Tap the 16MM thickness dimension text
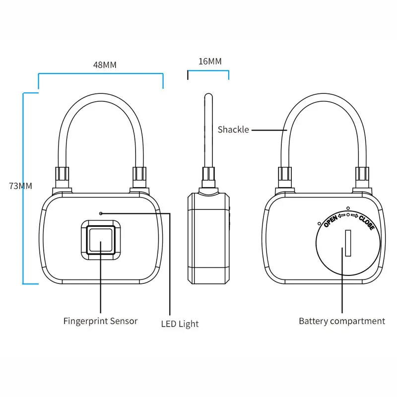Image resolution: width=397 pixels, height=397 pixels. point(209,62)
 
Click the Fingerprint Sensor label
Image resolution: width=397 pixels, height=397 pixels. point(100,321)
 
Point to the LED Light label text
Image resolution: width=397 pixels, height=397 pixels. point(180,324)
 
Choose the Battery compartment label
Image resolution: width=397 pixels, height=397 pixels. point(342,321)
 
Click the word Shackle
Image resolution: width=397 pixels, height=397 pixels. point(233,130)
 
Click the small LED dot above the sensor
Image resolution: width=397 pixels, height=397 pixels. point(101,213)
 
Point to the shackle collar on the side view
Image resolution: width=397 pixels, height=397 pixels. point(208,178)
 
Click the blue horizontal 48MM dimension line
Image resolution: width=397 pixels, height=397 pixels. point(101,74)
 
